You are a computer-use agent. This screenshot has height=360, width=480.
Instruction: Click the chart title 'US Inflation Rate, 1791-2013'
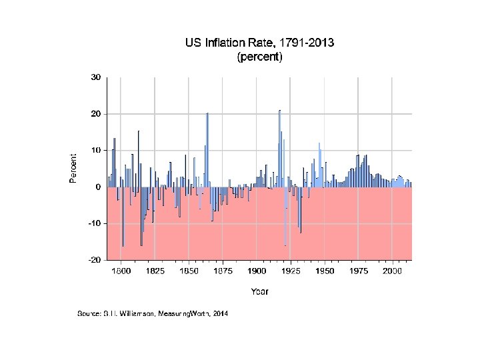pyautogui.click(x=259, y=43)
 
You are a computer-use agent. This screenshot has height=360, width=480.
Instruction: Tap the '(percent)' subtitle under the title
pyautogui.click(x=259, y=57)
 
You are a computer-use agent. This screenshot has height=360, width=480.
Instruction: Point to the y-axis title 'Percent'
pyautogui.click(x=73, y=168)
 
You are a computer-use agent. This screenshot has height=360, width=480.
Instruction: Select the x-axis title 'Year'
pyautogui.click(x=259, y=291)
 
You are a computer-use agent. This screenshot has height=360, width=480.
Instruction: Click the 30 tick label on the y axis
pyautogui.click(x=96, y=77)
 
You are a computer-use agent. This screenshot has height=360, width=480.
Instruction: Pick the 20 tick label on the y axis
pyautogui.click(x=96, y=114)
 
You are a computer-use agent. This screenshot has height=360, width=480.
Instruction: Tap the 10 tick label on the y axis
pyautogui.click(x=96, y=151)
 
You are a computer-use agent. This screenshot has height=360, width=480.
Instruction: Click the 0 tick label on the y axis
pyautogui.click(x=98, y=187)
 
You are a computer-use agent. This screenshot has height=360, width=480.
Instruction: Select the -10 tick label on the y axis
pyautogui.click(x=95, y=223)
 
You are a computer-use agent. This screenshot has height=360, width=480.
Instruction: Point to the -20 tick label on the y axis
pyautogui.click(x=95, y=260)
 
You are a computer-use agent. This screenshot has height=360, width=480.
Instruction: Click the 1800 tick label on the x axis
pyautogui.click(x=121, y=271)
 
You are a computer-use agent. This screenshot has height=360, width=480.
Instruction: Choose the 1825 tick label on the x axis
pyautogui.click(x=155, y=271)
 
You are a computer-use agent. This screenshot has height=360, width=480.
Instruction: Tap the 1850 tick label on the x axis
pyautogui.click(x=189, y=271)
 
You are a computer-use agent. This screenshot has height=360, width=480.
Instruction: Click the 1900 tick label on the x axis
pyautogui.click(x=257, y=271)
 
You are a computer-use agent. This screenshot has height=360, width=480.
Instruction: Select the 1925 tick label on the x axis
pyautogui.click(x=291, y=271)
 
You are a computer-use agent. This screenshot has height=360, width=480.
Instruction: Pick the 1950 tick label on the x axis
pyautogui.click(x=325, y=271)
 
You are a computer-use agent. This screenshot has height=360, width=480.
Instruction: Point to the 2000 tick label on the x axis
pyautogui.click(x=393, y=271)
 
